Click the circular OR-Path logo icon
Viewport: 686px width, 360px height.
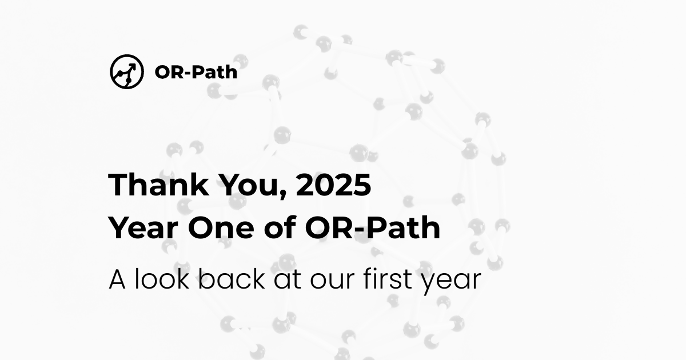(126, 72)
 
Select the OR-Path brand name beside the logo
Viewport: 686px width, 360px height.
(196, 73)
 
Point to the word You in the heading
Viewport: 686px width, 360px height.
(241, 185)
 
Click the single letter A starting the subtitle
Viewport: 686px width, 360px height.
(117, 279)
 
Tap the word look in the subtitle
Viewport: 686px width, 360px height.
(156, 279)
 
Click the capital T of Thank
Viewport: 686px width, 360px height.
(118, 185)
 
